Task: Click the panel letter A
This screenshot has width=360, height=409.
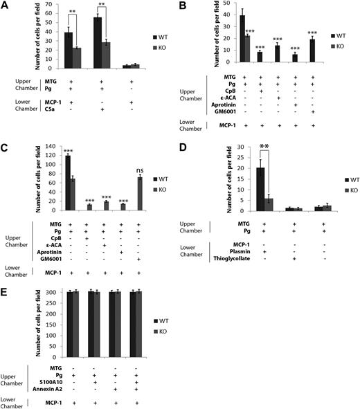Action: click(x=6, y=6)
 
